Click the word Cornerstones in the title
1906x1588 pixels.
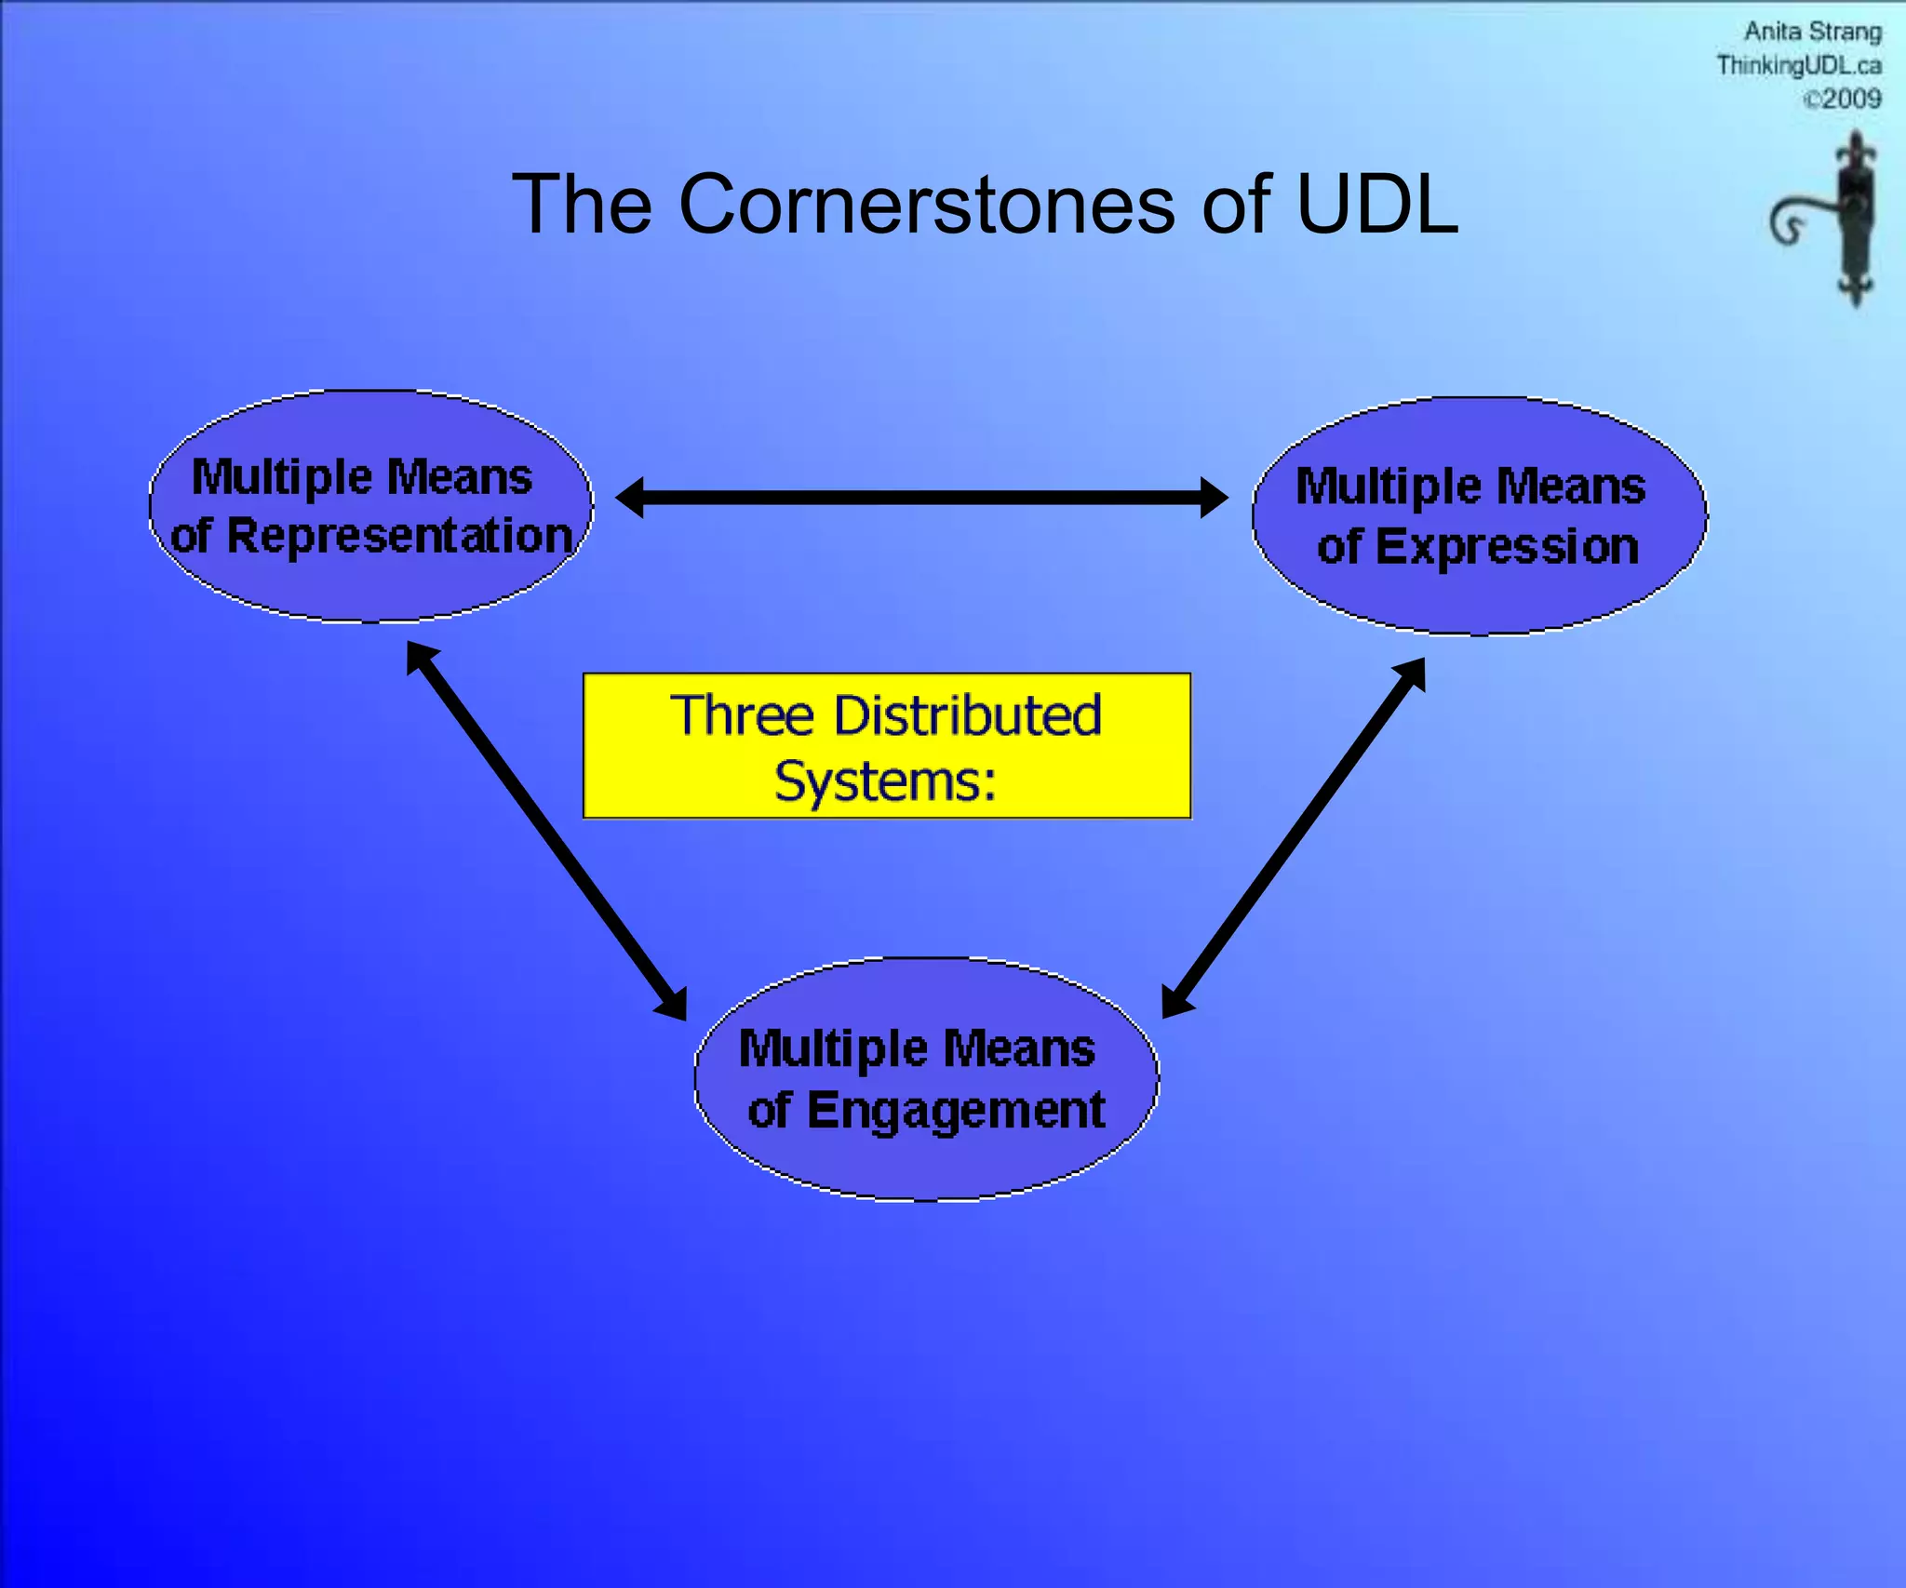[926, 205]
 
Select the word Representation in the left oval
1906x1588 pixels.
[399, 536]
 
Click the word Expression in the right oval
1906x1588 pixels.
[1507, 546]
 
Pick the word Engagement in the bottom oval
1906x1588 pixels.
[956, 1110]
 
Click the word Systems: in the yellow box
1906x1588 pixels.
[885, 781]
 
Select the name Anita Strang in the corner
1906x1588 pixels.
[1812, 32]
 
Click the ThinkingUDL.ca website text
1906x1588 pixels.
[1798, 65]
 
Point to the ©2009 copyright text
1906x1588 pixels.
[1842, 99]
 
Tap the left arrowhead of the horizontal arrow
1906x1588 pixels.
[630, 498]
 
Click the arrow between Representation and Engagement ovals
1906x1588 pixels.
[547, 831]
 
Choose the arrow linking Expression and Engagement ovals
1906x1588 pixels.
[1294, 837]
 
